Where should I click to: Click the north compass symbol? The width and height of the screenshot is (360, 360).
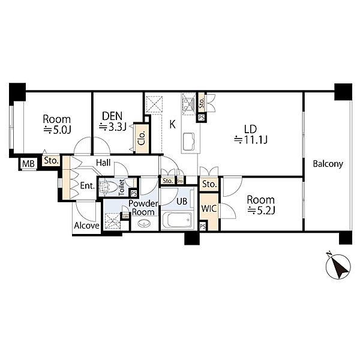pyautogui.click(x=338, y=266)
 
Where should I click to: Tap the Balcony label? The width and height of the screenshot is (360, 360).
pyautogui.click(x=328, y=164)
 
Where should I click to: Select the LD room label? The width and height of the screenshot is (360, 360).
pyautogui.click(x=250, y=130)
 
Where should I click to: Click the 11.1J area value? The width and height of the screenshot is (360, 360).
pyautogui.click(x=251, y=140)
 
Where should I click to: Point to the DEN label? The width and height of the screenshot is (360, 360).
pyautogui.click(x=112, y=116)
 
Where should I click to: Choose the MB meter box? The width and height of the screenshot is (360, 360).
pyautogui.click(x=28, y=164)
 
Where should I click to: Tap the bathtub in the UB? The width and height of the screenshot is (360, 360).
pyautogui.click(x=177, y=220)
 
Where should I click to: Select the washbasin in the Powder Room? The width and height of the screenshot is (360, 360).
pyautogui.click(x=144, y=223)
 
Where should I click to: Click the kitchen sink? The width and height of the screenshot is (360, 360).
pyautogui.click(x=189, y=142)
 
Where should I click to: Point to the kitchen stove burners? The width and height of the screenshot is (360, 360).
pyautogui.click(x=188, y=103)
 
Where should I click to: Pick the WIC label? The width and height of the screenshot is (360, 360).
pyautogui.click(x=209, y=208)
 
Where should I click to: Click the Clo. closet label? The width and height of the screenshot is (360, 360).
pyautogui.click(x=142, y=138)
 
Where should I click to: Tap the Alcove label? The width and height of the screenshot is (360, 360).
pyautogui.click(x=87, y=226)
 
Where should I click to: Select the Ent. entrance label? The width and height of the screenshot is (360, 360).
pyautogui.click(x=88, y=185)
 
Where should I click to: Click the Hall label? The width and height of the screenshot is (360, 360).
pyautogui.click(x=103, y=163)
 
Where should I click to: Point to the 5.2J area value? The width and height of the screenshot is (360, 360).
pyautogui.click(x=261, y=211)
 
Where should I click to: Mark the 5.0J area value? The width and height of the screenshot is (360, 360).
pyautogui.click(x=58, y=130)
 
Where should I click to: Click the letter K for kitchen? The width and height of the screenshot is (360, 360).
pyautogui.click(x=172, y=124)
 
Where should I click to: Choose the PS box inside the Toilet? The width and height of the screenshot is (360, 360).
pyautogui.click(x=134, y=193)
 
